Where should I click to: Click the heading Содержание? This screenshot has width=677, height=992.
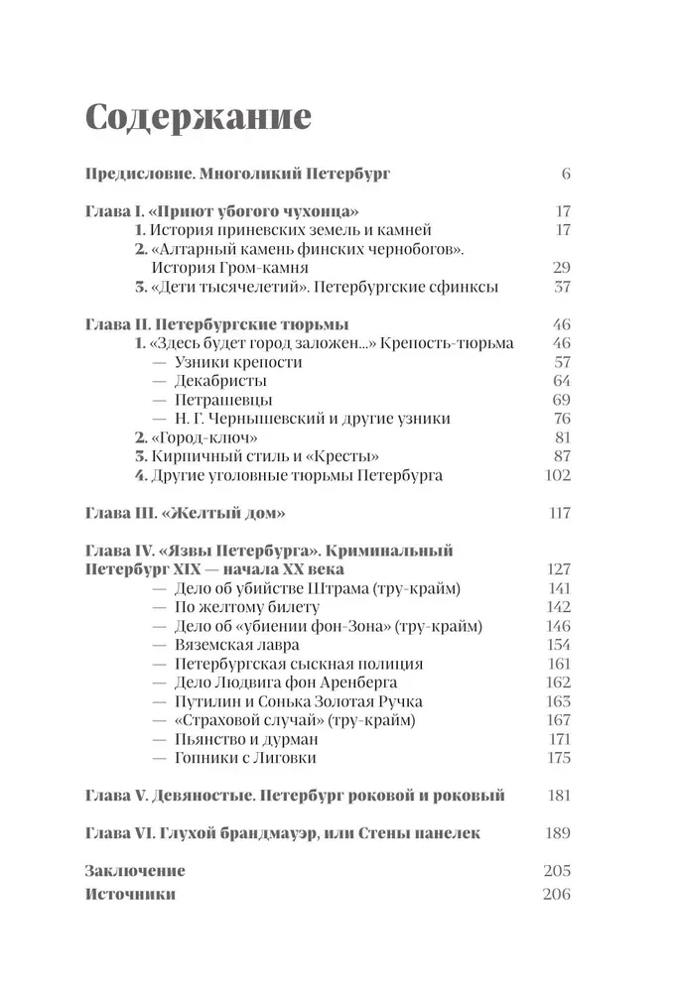click(199, 117)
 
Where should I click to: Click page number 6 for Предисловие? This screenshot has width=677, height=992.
click(566, 175)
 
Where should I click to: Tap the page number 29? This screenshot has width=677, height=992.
click(560, 268)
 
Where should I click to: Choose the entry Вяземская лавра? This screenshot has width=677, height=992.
click(233, 645)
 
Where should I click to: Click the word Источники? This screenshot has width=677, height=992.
click(131, 893)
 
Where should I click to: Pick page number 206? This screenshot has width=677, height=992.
click(557, 893)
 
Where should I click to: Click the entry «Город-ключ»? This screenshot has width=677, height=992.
click(203, 437)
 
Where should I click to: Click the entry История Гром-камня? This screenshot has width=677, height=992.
click(229, 268)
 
